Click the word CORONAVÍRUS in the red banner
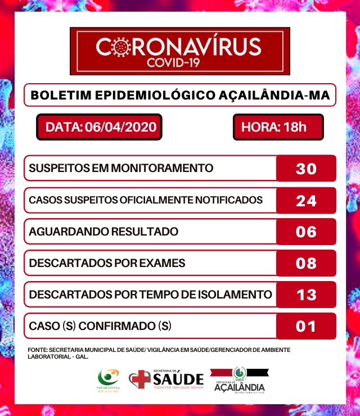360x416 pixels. point(179,47)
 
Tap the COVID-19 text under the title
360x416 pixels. point(179,63)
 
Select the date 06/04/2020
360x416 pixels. point(120,127)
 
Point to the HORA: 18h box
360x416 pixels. point(278,127)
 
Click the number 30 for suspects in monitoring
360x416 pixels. point(306,168)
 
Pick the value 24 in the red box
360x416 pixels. point(306,200)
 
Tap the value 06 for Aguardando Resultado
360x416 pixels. point(306,232)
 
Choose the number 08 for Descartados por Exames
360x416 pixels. point(306,263)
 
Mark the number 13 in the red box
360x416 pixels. point(306,295)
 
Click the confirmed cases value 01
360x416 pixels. point(306,326)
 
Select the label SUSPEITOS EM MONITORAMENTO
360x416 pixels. point(121,168)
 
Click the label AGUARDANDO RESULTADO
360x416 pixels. point(103,232)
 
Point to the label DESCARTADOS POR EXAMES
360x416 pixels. point(107,263)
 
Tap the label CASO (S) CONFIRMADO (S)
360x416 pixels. point(100,326)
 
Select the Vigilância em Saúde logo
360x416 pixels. point(109,380)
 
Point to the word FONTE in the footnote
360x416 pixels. point(37,350)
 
